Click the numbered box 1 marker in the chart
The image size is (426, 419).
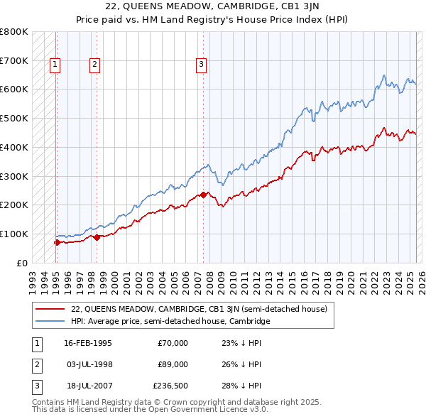point(55,65)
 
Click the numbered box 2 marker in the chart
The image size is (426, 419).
point(94,65)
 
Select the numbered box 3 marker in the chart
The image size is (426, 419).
point(201,65)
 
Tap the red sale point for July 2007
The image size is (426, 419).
point(203,195)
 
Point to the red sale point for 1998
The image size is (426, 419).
point(97,237)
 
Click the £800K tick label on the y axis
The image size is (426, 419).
point(14,32)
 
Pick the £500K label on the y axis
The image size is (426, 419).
point(14,119)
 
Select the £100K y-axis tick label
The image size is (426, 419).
point(14,234)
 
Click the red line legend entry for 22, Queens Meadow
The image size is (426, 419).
point(199,309)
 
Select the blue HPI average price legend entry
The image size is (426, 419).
point(170,321)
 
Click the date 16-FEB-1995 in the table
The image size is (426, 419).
point(88,343)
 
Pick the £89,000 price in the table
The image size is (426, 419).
point(173,364)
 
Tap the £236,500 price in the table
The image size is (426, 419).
point(170,386)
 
